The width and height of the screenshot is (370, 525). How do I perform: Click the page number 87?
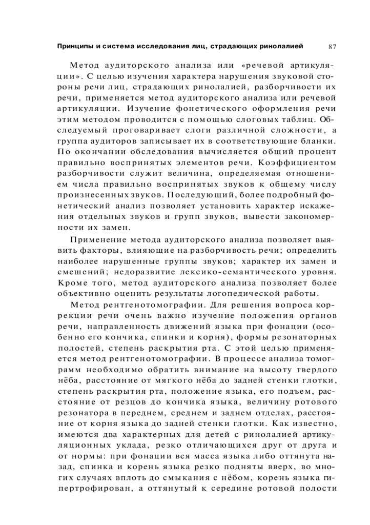point(332,47)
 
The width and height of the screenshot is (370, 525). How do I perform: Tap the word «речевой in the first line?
point(261,66)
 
